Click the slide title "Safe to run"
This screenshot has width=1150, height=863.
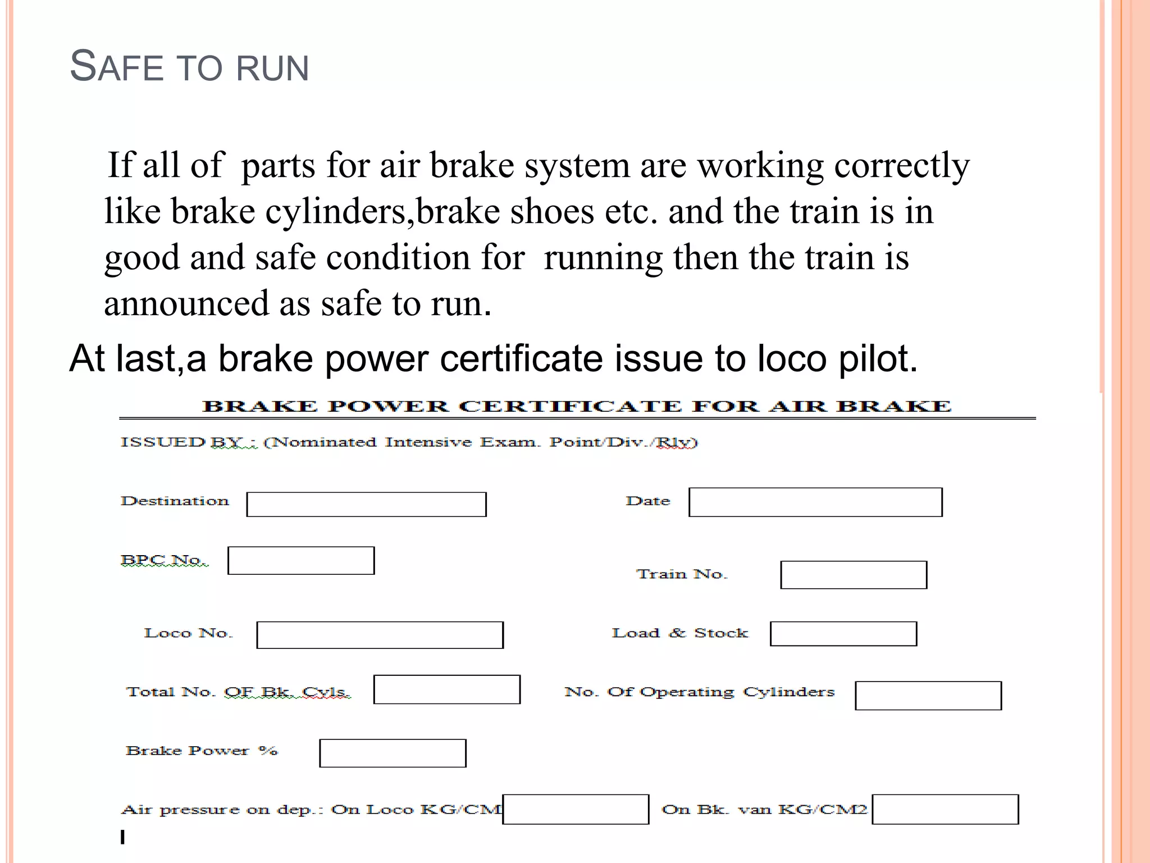189,67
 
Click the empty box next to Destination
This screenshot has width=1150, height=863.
366,504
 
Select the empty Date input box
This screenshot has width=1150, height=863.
815,502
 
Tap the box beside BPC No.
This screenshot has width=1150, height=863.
301,560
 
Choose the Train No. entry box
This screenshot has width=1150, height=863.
854,575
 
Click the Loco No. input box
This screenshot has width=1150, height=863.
380,635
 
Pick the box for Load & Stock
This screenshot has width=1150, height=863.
843,634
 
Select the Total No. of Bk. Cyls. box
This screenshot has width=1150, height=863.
446,689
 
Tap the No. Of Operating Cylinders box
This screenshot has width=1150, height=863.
928,696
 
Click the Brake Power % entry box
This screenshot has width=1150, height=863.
393,753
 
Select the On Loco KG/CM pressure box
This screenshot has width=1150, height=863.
576,809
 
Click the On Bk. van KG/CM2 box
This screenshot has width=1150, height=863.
945,809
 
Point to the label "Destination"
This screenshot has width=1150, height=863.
175,501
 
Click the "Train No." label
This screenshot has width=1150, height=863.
682,574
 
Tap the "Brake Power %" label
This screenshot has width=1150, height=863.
202,751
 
